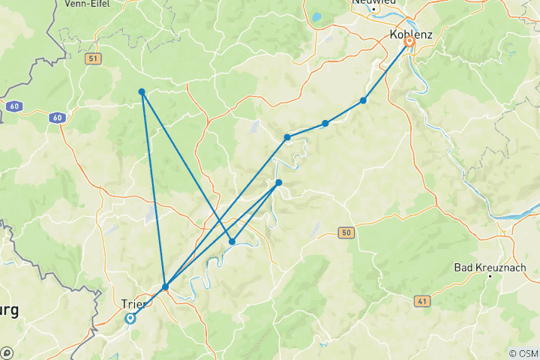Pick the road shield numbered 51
(93, 58)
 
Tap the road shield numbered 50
(344, 232)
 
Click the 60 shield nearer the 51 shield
(57, 118)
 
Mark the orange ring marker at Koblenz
(409, 42)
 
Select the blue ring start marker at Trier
(130, 318)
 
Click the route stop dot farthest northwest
(142, 92)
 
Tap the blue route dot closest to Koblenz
(363, 100)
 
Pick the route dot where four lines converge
(165, 286)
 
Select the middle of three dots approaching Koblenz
(325, 123)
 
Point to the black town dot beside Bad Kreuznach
(490, 277)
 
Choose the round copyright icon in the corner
(7, 352)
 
